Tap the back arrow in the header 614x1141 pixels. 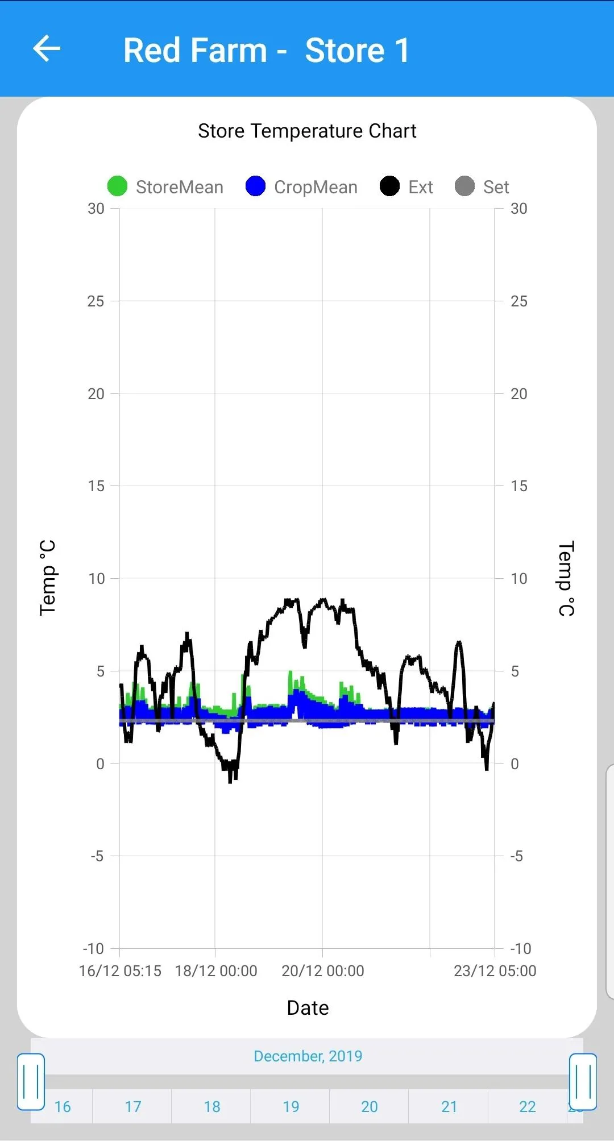tap(47, 48)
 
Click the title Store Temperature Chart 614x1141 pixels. tap(307, 131)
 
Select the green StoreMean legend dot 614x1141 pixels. tap(117, 186)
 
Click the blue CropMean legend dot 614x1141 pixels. tap(256, 186)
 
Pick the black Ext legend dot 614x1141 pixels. tap(389, 186)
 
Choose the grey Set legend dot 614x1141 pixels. tap(464, 186)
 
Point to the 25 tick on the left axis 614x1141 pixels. tap(96, 301)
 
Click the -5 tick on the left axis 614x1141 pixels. tap(97, 856)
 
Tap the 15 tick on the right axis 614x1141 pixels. tap(518, 486)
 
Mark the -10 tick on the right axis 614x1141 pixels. tap(520, 949)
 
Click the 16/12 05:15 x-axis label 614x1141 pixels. tap(120, 971)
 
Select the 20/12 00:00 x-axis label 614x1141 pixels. tap(323, 971)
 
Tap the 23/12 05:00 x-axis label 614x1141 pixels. tap(495, 971)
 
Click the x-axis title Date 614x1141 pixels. tap(308, 1008)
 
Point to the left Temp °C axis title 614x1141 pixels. tap(48, 578)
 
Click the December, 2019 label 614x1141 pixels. tap(308, 1056)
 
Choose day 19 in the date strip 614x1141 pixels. tap(291, 1107)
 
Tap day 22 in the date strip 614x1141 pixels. tap(528, 1107)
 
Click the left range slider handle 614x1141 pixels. tap(31, 1082)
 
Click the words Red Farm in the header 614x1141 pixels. tap(195, 50)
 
